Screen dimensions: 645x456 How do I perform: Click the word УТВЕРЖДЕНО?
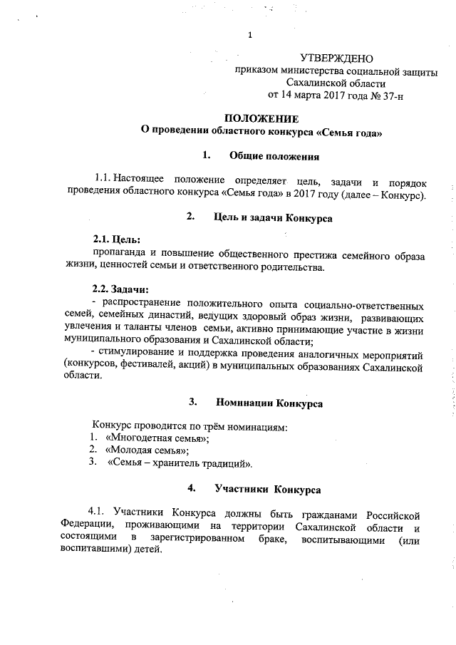pyautogui.click(x=337, y=58)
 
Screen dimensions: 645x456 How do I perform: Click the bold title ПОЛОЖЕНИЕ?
pyautogui.click(x=261, y=118)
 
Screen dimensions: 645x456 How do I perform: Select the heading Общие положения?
pyautogui.click(x=274, y=155)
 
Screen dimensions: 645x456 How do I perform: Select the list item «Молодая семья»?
pyautogui.click(x=146, y=450)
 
